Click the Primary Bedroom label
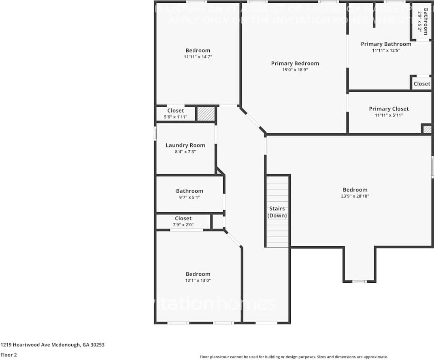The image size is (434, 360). click(x=295, y=63)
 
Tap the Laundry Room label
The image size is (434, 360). click(x=185, y=145)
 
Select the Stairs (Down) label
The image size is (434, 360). click(x=277, y=212)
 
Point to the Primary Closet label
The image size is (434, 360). click(x=389, y=109)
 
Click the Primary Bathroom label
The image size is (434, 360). click(x=386, y=44)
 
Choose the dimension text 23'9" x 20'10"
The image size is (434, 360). click(x=355, y=196)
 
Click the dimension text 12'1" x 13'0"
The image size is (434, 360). click(x=198, y=280)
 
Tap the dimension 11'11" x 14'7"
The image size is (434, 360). click(x=198, y=57)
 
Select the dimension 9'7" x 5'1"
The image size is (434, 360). click(x=189, y=198)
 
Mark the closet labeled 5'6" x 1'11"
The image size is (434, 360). click(x=175, y=114)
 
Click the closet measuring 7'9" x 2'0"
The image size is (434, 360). click(x=183, y=222)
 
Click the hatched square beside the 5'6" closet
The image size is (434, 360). click(x=205, y=114)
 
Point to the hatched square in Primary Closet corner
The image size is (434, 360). click(x=427, y=129)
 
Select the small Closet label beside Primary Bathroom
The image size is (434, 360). click(x=422, y=83)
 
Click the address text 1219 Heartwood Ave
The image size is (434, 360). click(x=53, y=345)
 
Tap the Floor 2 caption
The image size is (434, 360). click(x=9, y=355)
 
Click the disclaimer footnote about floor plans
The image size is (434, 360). click(x=294, y=357)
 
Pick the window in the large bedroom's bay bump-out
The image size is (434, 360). click(x=359, y=281)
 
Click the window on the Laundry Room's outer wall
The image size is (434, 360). click(x=155, y=134)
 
